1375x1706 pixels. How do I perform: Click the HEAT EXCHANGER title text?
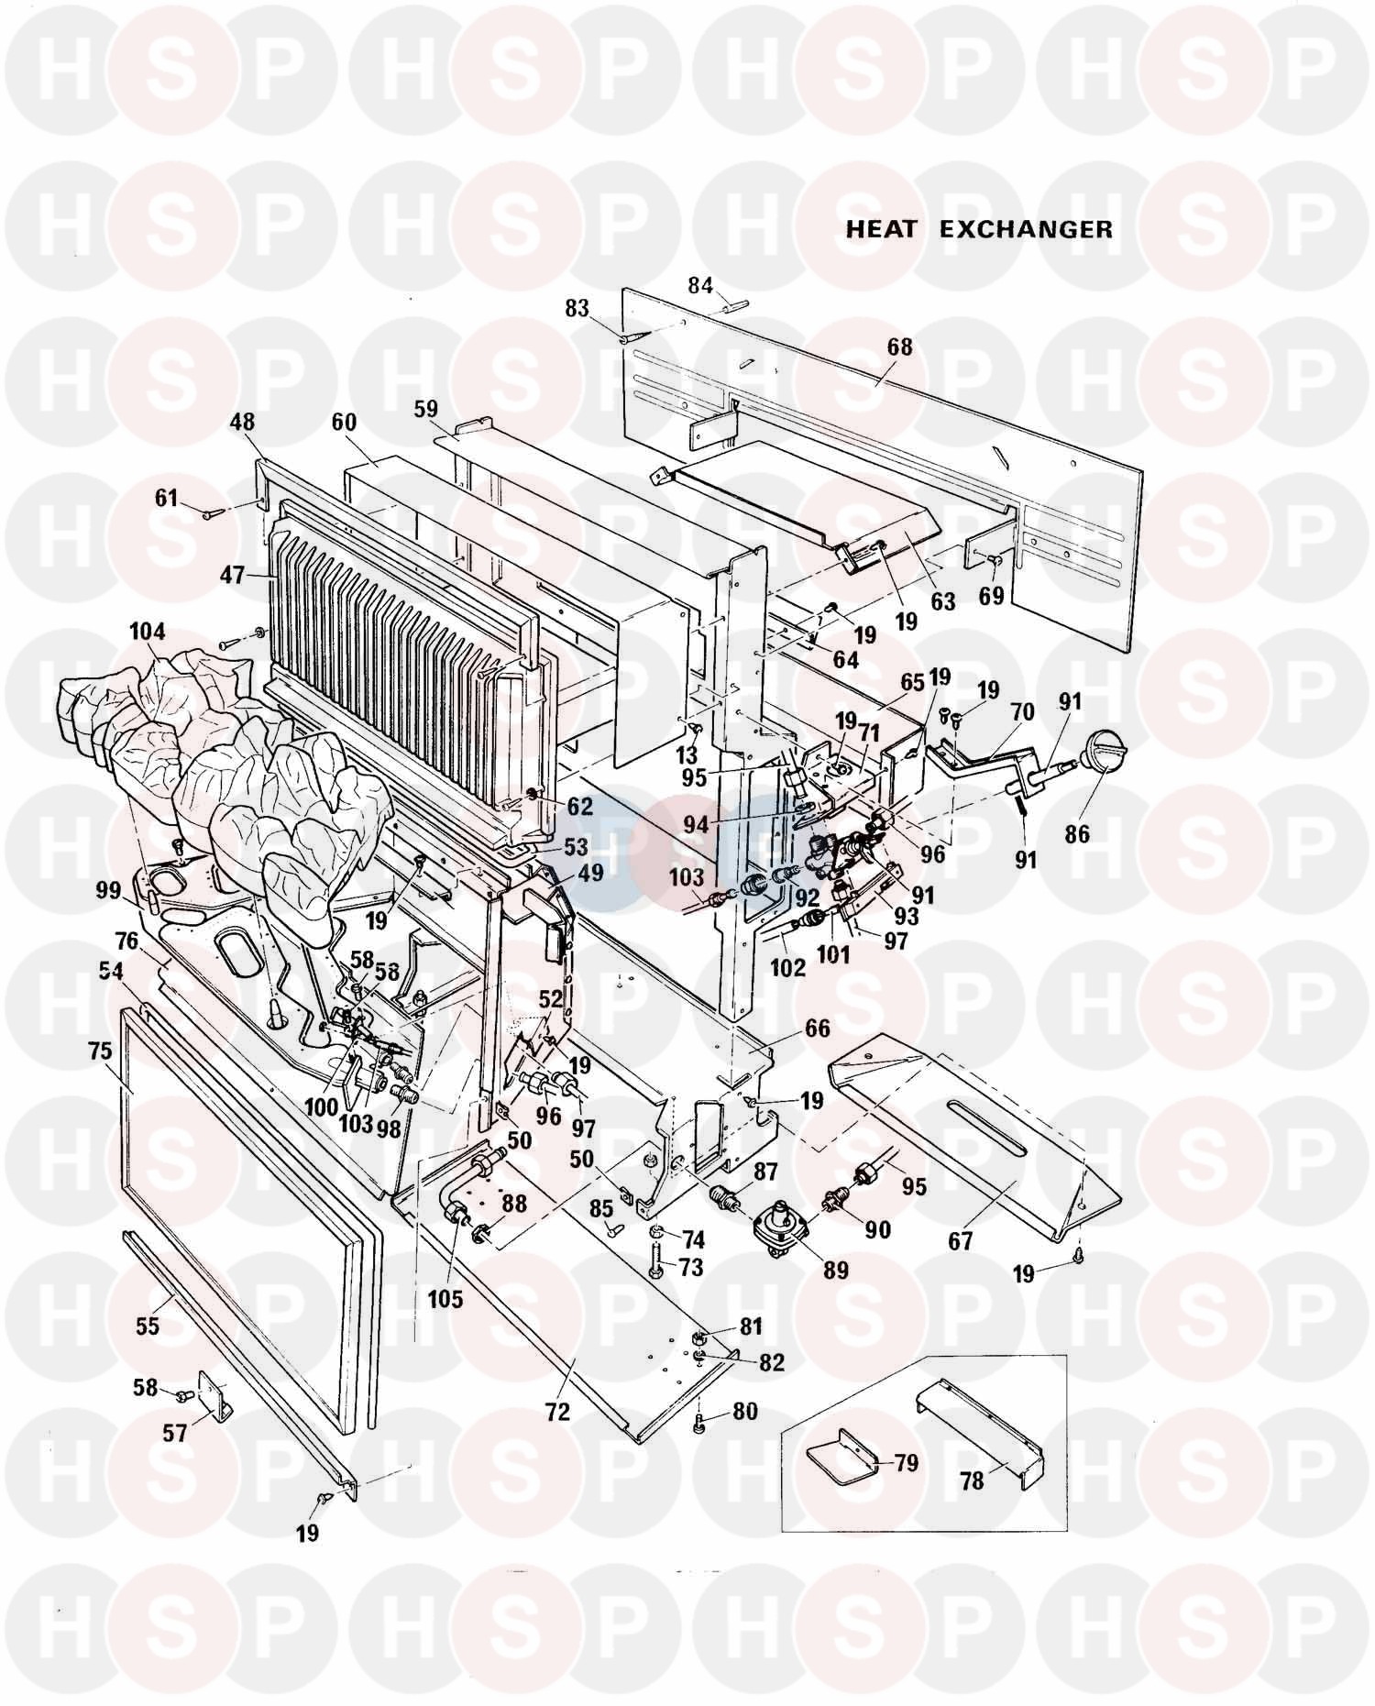tap(978, 229)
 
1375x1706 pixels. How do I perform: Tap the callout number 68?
tap(900, 347)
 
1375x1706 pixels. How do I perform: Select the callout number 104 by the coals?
tap(148, 632)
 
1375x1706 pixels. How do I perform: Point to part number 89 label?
tap(835, 1270)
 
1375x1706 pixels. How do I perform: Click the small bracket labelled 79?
tap(839, 1465)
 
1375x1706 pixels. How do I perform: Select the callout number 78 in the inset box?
tap(972, 1480)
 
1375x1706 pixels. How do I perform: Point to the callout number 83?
tap(577, 310)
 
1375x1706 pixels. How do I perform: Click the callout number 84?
tap(700, 285)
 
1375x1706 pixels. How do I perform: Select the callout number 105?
tap(445, 1299)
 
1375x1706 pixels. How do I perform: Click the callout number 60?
tap(344, 423)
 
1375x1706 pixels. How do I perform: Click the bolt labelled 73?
tap(657, 1264)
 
